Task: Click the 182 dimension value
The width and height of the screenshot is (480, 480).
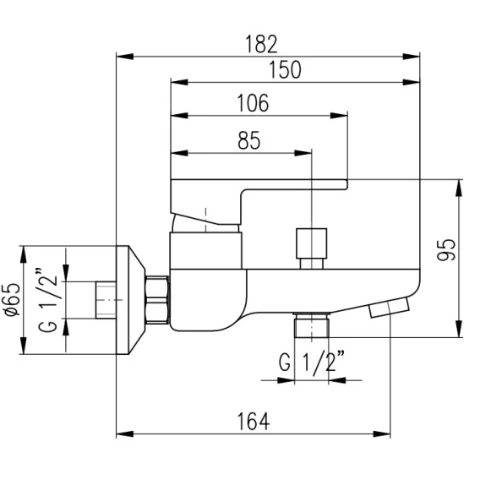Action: (261, 45)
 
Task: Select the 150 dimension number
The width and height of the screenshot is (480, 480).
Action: (285, 70)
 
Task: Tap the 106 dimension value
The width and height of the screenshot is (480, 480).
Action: (254, 103)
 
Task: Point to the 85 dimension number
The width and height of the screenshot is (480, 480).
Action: (249, 140)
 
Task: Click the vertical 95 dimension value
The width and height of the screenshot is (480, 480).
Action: (446, 249)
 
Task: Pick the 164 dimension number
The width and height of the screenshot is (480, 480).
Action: (254, 422)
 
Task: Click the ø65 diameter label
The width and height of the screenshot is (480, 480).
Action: (14, 299)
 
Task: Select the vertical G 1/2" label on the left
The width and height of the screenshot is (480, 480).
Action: (48, 301)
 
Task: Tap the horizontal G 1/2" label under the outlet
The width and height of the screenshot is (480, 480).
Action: (312, 363)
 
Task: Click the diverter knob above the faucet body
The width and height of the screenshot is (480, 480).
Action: (311, 248)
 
